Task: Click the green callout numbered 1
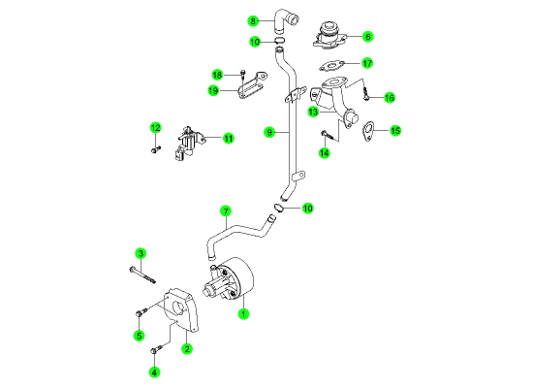(x=243, y=314)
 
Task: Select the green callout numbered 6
(x=367, y=37)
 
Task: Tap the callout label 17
(x=367, y=63)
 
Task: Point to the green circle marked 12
(x=155, y=128)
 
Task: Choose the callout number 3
(x=141, y=253)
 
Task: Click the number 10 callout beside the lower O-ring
(x=307, y=208)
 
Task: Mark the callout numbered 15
(x=395, y=131)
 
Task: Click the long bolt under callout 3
(x=142, y=275)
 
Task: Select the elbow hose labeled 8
(x=286, y=21)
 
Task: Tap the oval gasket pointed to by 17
(x=331, y=66)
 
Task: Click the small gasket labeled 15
(x=368, y=131)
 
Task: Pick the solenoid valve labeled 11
(x=191, y=143)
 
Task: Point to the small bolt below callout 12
(x=156, y=149)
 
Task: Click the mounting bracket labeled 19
(x=252, y=85)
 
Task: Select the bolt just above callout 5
(x=141, y=312)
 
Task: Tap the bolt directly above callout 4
(x=157, y=349)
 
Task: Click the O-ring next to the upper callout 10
(x=280, y=42)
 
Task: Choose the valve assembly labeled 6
(x=329, y=36)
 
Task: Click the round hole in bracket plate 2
(x=178, y=308)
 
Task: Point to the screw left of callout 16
(x=365, y=94)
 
